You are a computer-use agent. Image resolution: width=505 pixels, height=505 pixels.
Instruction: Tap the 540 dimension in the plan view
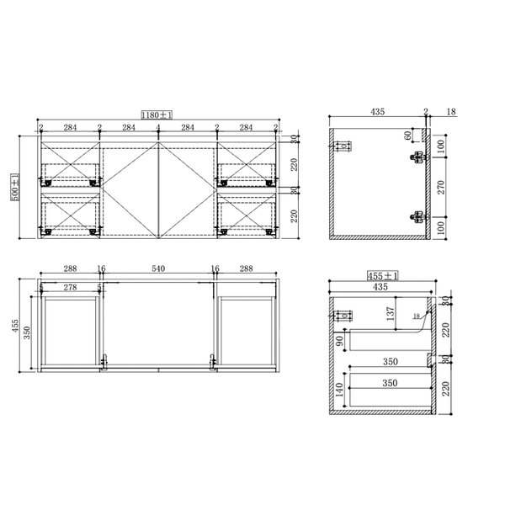(158, 269)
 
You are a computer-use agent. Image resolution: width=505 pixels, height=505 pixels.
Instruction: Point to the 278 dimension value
(70, 288)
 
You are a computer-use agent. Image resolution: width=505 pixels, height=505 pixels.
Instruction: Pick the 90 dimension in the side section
(339, 341)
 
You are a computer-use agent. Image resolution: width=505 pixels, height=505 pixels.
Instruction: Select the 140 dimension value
(340, 391)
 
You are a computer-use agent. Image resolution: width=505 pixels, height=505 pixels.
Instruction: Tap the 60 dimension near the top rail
(408, 135)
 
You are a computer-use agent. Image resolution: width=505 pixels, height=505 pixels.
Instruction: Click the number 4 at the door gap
(158, 128)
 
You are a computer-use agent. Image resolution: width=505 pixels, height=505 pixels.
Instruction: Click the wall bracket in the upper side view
(343, 148)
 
